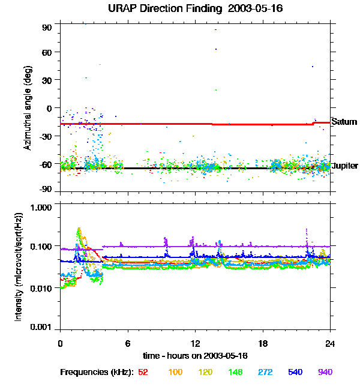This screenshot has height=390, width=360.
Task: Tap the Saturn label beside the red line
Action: point(344,122)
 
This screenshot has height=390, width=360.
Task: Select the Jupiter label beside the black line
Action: point(345,166)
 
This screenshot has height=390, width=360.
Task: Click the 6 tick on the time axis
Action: point(128,343)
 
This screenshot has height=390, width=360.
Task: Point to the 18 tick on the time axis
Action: point(263,343)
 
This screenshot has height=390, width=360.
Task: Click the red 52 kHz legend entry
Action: point(143,372)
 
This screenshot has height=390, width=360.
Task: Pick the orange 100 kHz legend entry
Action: point(175,372)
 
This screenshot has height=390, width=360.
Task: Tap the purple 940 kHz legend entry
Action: point(325,372)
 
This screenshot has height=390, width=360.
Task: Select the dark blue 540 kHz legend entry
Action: point(295,372)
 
